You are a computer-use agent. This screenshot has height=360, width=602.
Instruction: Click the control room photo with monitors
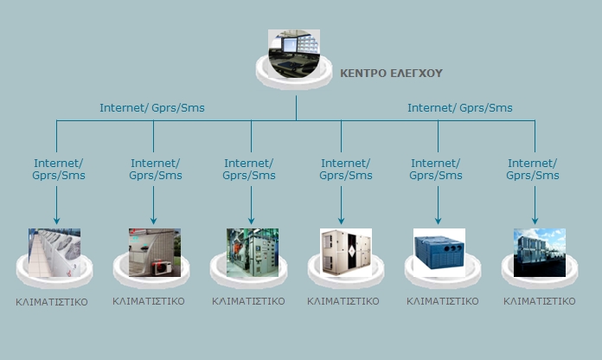(293, 51)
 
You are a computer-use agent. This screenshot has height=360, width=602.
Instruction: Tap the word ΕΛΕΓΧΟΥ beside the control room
(417, 74)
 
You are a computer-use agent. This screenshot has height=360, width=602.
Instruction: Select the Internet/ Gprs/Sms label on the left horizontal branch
(152, 108)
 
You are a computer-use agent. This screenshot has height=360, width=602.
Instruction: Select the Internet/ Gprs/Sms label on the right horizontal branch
(460, 108)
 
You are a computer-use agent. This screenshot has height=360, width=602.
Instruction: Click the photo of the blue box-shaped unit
(439, 252)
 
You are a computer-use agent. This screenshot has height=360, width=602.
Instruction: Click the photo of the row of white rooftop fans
(54, 252)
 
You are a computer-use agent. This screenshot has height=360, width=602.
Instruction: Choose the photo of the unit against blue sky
(539, 252)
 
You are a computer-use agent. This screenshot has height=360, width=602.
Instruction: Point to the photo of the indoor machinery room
(252, 252)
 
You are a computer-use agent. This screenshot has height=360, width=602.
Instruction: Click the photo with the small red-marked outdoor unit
(155, 252)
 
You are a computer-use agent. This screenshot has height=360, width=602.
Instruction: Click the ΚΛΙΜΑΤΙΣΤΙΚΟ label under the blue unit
(443, 302)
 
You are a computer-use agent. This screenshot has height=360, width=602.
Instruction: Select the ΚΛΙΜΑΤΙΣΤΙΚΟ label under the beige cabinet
(343, 302)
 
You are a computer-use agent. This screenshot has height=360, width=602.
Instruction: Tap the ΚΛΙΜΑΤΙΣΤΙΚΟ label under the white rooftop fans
(52, 303)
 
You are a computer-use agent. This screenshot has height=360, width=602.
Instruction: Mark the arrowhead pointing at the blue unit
(438, 220)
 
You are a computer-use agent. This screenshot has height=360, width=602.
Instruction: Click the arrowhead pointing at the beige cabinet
(341, 220)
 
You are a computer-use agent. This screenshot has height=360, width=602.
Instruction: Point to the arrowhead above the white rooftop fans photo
(56, 220)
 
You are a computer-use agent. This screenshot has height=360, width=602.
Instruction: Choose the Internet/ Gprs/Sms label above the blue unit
(437, 169)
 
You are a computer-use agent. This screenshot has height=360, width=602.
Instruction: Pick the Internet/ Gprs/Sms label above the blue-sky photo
(534, 169)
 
